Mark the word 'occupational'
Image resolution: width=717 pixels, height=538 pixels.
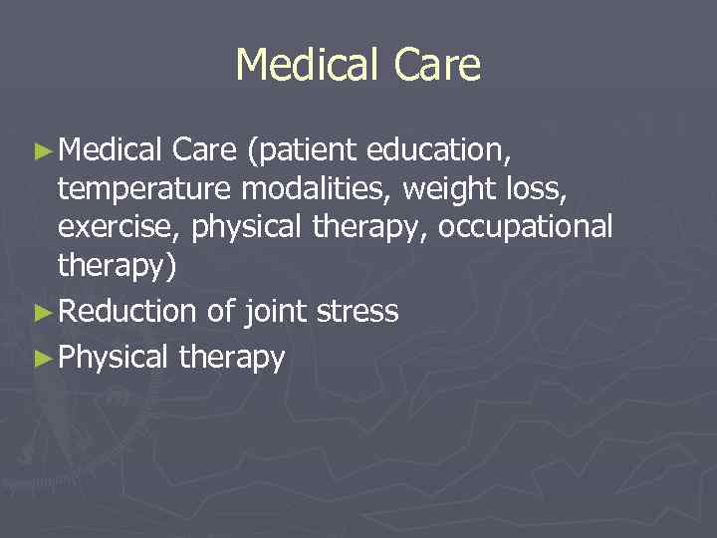525,226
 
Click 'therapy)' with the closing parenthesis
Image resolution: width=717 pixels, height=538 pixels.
115,266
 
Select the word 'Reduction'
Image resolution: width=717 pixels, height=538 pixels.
128,312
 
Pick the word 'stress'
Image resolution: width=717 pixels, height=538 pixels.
357,312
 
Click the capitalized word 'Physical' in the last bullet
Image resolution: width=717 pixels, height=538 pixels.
114,357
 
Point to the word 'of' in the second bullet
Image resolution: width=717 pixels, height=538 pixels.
220,312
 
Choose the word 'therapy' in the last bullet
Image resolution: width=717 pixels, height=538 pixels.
231,357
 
